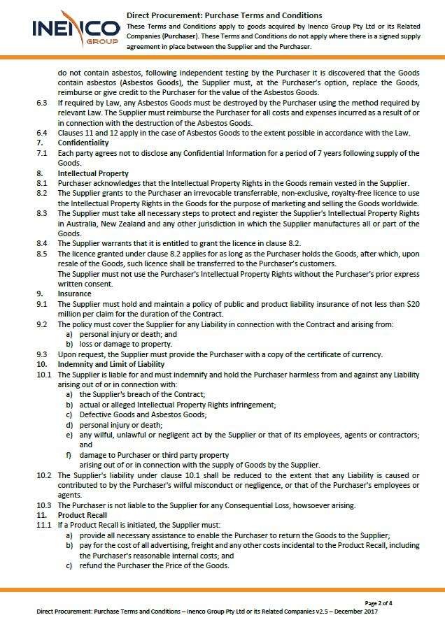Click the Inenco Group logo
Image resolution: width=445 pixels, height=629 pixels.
coord(75,29)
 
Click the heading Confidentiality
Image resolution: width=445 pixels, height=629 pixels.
coord(83,143)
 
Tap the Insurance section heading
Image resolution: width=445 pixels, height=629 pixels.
coord(74,294)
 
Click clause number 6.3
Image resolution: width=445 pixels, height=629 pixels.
coord(42,102)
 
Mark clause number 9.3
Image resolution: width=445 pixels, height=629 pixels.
coord(42,354)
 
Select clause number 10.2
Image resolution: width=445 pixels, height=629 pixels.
coord(43,475)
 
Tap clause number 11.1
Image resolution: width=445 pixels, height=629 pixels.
coord(43,525)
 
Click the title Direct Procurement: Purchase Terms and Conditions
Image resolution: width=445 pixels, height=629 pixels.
coord(225,15)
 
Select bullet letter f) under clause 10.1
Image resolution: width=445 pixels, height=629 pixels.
coord(69,454)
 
